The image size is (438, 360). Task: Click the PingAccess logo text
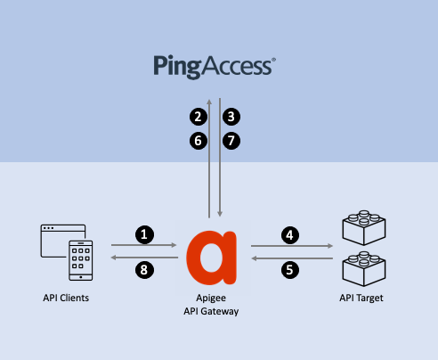pos(215,66)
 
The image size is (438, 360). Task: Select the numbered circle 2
pos(199,117)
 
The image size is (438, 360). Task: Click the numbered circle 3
pos(231,117)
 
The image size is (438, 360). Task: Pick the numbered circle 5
pos(288,267)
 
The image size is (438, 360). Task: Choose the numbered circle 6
pos(199,140)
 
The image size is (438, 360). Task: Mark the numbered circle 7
pos(231,140)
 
